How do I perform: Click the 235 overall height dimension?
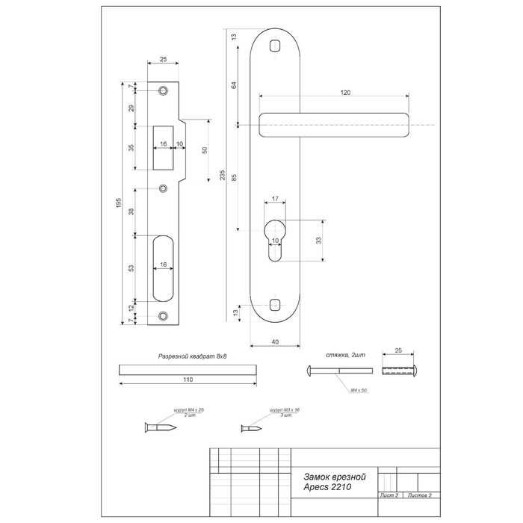click(223, 176)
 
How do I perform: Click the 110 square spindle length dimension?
click(187, 380)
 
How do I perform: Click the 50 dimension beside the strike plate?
click(204, 149)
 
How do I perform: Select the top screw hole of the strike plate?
click(163, 91)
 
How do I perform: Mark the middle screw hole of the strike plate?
click(163, 188)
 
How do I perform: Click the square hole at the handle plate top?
click(275, 45)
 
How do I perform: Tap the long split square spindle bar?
click(187, 368)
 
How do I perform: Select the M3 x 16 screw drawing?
click(251, 429)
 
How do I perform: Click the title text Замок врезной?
click(333, 475)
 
